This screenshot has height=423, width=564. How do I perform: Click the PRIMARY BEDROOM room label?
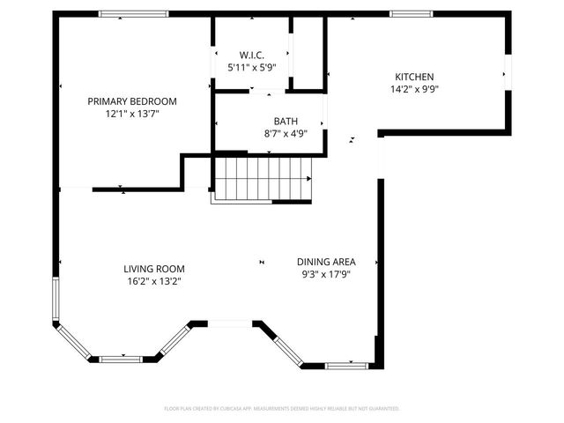pyautogui.click(x=132, y=101)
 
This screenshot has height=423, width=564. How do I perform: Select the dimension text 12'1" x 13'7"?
pyautogui.click(x=132, y=114)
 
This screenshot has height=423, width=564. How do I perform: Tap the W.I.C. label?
pyautogui.click(x=252, y=55)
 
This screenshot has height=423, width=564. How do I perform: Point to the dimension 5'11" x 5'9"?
pyautogui.click(x=252, y=67)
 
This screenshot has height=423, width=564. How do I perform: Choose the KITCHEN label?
pyautogui.click(x=413, y=77)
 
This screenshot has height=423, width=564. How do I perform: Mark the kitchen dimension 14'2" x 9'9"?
pyautogui.click(x=413, y=89)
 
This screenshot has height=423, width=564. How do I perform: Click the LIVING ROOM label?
pyautogui.click(x=153, y=269)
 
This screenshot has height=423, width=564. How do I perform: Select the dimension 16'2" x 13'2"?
pyautogui.click(x=153, y=281)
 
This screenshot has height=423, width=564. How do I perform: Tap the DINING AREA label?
pyautogui.click(x=325, y=262)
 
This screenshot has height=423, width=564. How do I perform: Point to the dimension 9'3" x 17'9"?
pyautogui.click(x=325, y=274)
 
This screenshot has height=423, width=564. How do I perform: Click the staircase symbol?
pyautogui.click(x=263, y=178)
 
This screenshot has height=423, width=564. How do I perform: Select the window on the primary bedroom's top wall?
pyautogui.click(x=133, y=14)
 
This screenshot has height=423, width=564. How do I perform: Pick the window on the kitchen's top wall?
pyautogui.click(x=411, y=14)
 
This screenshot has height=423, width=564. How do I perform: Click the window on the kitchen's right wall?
pyautogui.click(x=508, y=72)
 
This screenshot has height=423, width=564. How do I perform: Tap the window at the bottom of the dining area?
pyautogui.click(x=347, y=365)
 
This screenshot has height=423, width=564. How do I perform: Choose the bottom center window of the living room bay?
pyautogui.click(x=121, y=359)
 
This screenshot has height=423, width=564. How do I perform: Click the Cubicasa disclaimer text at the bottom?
pyautogui.click(x=282, y=409)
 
